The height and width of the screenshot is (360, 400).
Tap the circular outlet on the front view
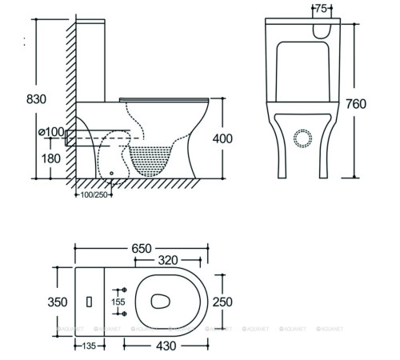click(x=302, y=138)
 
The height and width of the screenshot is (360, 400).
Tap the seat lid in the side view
click(x=165, y=98)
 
